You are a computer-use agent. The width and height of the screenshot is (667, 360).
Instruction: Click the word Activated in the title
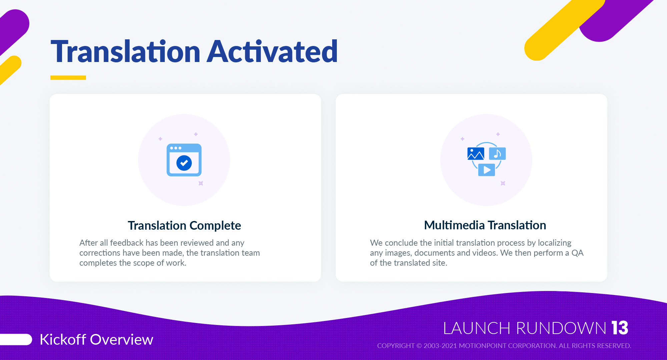[272, 51]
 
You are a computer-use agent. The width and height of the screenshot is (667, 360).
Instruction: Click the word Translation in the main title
[125, 51]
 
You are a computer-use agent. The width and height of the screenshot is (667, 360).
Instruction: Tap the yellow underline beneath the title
[68, 78]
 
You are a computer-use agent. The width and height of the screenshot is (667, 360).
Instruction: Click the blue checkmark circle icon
[184, 163]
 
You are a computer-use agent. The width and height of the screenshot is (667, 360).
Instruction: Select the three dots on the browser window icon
[176, 148]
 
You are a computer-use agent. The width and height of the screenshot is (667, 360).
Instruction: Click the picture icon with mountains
[476, 154]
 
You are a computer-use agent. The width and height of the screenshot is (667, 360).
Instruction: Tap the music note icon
[497, 154]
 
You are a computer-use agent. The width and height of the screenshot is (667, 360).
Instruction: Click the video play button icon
[487, 170]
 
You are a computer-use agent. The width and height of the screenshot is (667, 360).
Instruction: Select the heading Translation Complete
[184, 226]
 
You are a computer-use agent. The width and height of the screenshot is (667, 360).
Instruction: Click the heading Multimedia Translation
[485, 225]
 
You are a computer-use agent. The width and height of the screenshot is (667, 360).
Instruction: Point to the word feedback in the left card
[127, 243]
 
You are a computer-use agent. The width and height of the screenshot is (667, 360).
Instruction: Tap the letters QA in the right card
[577, 253]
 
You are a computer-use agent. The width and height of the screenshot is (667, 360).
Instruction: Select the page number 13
[620, 328]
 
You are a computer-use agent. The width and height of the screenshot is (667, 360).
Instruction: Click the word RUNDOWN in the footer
[561, 328]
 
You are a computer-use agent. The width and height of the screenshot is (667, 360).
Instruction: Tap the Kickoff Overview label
[96, 340]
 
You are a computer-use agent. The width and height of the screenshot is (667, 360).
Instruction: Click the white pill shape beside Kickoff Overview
[16, 339]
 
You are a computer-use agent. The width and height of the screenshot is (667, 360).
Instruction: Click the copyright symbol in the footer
[419, 346]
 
